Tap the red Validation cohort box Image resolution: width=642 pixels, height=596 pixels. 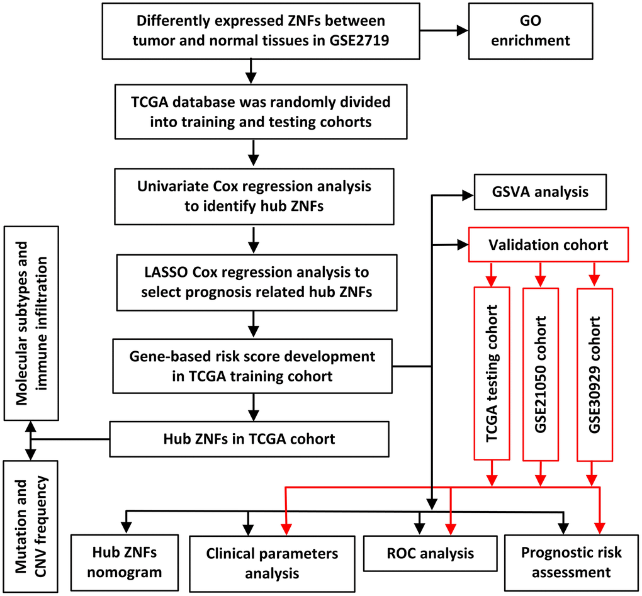point(549,244)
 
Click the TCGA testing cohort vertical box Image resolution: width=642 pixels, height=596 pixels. point(492,374)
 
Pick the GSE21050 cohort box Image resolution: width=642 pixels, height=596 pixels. point(541,374)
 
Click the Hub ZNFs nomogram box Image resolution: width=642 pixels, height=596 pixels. point(125,561)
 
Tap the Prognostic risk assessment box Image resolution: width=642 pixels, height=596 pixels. point(571,561)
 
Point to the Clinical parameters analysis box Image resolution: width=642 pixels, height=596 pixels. point(272,563)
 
